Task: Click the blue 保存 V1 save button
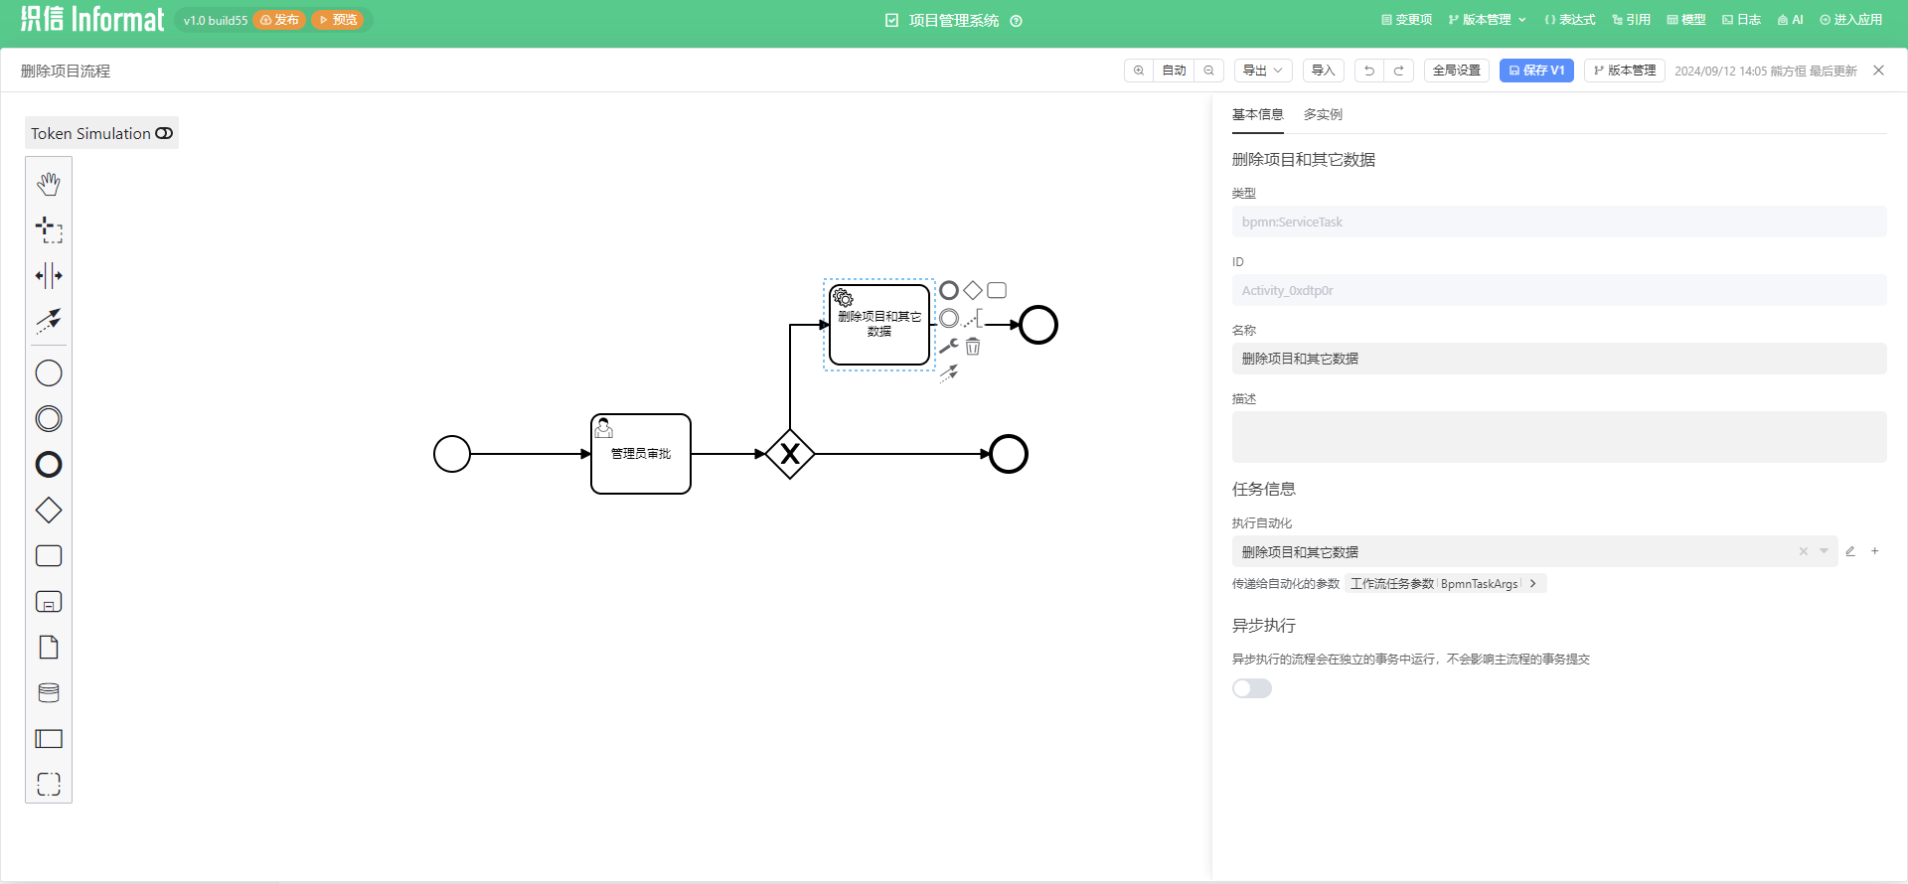tap(1535, 71)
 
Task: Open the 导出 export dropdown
tap(1262, 71)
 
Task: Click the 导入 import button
tap(1323, 71)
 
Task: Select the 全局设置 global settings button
tap(1456, 71)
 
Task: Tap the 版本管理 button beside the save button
tap(1624, 71)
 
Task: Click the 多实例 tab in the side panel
tap(1323, 115)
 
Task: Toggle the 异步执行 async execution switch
tap(1251, 688)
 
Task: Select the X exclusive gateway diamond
tap(790, 454)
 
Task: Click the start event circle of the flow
tap(452, 454)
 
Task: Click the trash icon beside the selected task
tap(973, 347)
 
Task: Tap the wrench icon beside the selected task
tap(949, 346)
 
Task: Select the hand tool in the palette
tap(49, 184)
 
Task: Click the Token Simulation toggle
tap(164, 133)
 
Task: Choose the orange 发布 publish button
tap(279, 20)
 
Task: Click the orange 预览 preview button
tap(338, 20)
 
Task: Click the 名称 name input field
tap(1558, 359)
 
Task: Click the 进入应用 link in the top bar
tap(1850, 20)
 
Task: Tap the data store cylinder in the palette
tap(49, 693)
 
